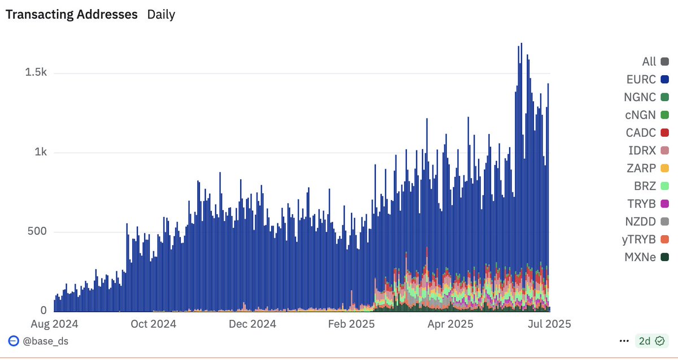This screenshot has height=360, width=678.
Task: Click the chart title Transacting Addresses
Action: (72, 15)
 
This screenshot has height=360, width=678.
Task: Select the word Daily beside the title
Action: (161, 15)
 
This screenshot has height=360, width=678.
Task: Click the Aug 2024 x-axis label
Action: (54, 324)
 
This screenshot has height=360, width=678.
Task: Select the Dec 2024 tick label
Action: (253, 324)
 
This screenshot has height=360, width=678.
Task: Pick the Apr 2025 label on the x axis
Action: (449, 324)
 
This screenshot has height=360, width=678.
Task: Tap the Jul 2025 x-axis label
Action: (549, 324)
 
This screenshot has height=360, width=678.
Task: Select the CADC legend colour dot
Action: (665, 133)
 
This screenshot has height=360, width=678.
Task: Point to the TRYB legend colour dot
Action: (665, 203)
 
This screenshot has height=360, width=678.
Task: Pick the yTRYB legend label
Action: (640, 239)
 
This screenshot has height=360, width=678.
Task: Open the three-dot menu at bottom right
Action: (624, 341)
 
